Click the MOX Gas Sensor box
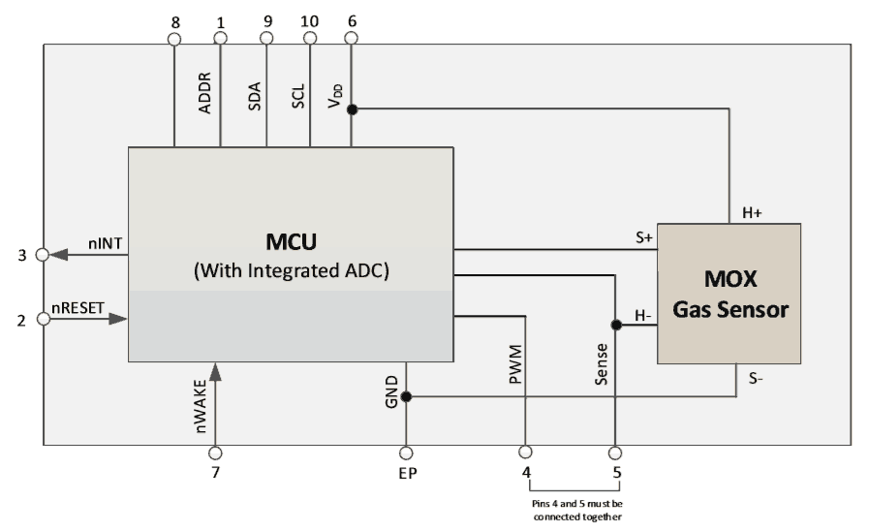click(x=729, y=293)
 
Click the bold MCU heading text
click(x=291, y=239)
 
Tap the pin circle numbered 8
click(x=174, y=39)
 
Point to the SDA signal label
click(x=255, y=98)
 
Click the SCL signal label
click(x=299, y=98)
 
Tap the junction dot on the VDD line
click(x=352, y=109)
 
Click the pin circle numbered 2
click(x=42, y=318)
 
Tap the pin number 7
click(x=215, y=474)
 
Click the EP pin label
click(x=406, y=475)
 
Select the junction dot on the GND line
click(x=406, y=396)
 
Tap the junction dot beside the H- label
click(x=615, y=326)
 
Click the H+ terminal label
click(x=753, y=211)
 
